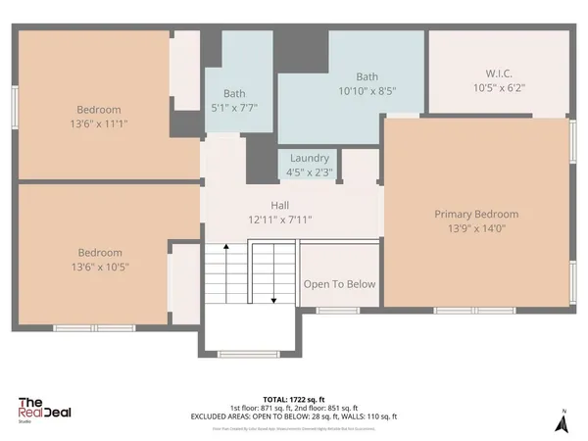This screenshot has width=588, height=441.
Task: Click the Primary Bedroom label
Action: click(476, 214)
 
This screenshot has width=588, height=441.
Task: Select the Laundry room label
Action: click(310, 158)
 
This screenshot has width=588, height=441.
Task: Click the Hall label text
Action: click(279, 206)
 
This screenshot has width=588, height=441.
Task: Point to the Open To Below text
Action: click(339, 284)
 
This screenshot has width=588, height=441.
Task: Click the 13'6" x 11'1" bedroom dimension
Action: click(99, 123)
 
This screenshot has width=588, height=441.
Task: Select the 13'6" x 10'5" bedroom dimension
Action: click(99, 266)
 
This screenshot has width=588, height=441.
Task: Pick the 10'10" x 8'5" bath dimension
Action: click(367, 90)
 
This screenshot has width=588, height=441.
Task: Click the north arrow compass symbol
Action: click(563, 422)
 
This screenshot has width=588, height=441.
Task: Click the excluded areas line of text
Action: click(315, 416)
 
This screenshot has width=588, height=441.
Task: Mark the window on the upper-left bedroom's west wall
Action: click(14, 106)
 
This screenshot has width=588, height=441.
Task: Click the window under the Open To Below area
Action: click(337, 311)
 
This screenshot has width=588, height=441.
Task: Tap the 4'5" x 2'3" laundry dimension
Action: click(310, 171)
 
